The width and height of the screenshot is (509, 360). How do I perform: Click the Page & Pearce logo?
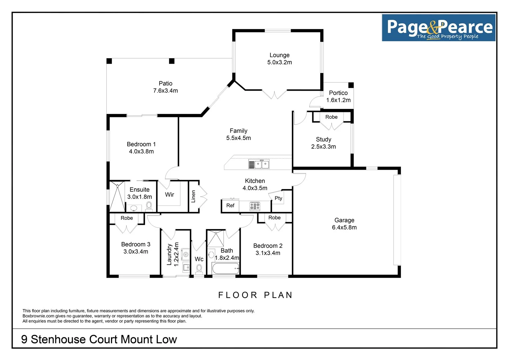pyautogui.click(x=438, y=28)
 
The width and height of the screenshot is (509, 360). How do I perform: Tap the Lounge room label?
pyautogui.click(x=279, y=55)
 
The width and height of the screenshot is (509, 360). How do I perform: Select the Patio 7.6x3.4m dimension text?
pyautogui.click(x=165, y=91)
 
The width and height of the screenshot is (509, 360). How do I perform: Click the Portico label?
pyautogui.click(x=338, y=93)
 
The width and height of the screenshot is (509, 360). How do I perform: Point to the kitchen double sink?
pyautogui.click(x=262, y=164)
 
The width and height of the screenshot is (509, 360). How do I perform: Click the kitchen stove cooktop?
pyautogui.click(x=255, y=206)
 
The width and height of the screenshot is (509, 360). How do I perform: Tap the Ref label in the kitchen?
pyautogui.click(x=230, y=206)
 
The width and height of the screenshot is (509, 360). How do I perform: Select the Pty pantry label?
pyautogui.click(x=278, y=198)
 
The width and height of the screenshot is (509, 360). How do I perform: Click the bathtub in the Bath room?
pyautogui.click(x=225, y=268)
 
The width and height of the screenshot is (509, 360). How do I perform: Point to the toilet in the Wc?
pyautogui.click(x=199, y=269)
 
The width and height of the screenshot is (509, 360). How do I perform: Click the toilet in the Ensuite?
pyautogui.click(x=149, y=206)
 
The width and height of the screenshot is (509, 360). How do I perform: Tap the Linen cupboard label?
pyautogui.click(x=193, y=196)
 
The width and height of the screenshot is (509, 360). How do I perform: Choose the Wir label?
pyautogui.click(x=169, y=195)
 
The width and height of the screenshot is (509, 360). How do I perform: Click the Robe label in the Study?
pyautogui.click(x=331, y=117)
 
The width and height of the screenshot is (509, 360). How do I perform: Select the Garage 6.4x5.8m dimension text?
pyautogui.click(x=344, y=228)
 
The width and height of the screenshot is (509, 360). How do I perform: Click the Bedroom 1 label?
pyautogui.click(x=141, y=144)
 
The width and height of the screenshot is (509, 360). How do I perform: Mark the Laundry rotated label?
pyautogui.click(x=169, y=254)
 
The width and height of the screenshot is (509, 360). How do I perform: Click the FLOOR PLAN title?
pyautogui.click(x=255, y=295)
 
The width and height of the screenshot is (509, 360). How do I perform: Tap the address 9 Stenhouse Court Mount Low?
pyautogui.click(x=99, y=339)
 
